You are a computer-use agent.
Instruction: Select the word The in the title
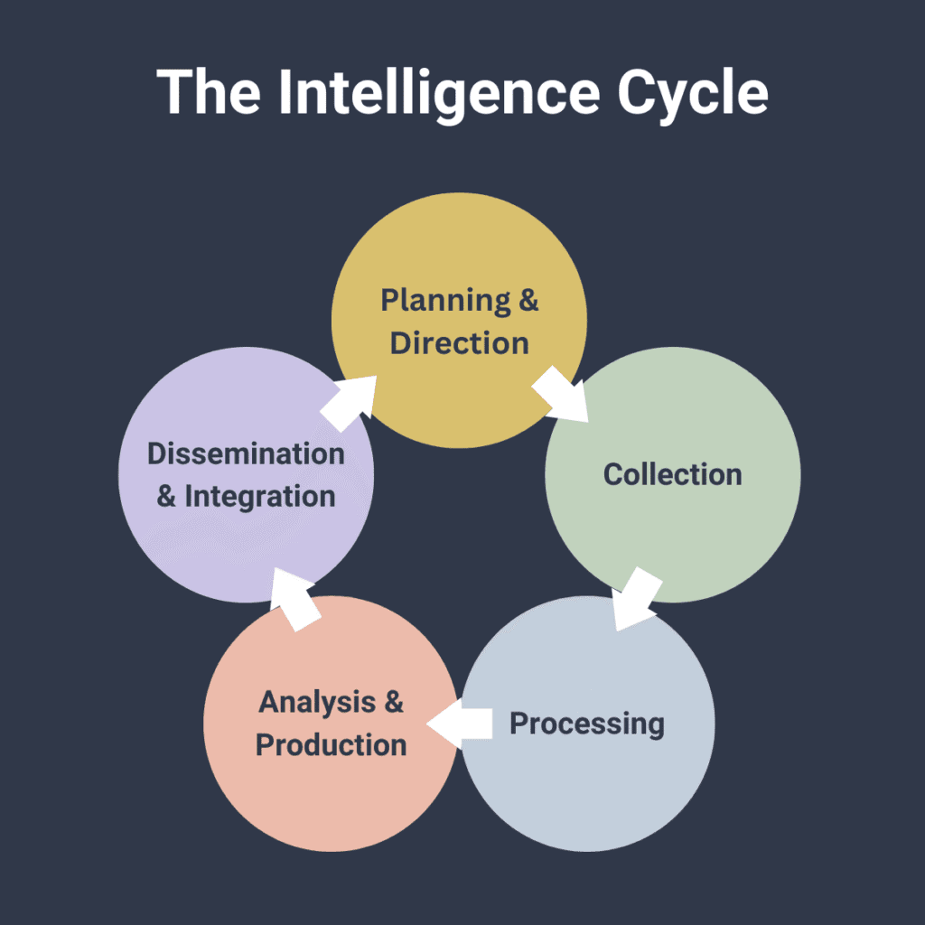coord(213,92)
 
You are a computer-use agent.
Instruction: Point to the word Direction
coord(459,344)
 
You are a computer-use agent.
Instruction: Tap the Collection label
coord(672,474)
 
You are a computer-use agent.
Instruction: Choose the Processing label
coord(587,724)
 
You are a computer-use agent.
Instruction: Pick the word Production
coord(331,745)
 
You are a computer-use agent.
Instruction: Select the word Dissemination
coord(246,453)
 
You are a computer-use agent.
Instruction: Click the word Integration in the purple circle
coord(260,497)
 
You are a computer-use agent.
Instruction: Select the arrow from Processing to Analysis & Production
coord(460,724)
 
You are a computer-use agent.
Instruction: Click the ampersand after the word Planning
coord(528,301)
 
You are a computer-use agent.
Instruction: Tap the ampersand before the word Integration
coord(166,497)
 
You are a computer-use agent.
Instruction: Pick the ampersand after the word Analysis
coord(393,702)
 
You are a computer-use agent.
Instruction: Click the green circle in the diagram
coord(672,524)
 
